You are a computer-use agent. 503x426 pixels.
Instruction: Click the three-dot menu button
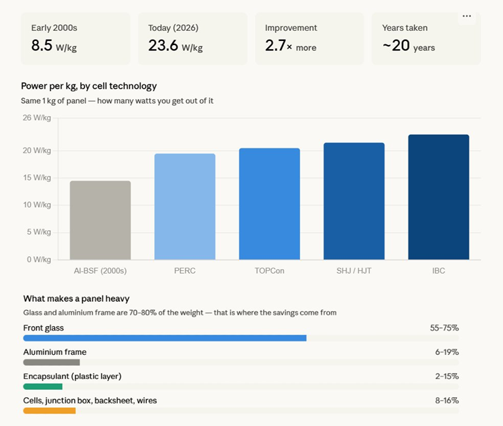[x=467, y=16]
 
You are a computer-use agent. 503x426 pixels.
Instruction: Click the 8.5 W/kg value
[x=53, y=46]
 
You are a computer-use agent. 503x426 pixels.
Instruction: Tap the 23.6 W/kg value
[x=175, y=46]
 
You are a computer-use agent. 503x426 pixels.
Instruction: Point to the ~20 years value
[x=409, y=46]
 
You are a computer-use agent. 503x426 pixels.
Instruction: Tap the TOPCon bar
[x=269, y=204]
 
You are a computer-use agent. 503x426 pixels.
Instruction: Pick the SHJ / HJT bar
[x=354, y=201]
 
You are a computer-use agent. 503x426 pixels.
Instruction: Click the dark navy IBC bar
[x=439, y=197]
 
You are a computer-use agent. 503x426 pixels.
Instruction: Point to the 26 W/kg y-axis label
[x=36, y=117]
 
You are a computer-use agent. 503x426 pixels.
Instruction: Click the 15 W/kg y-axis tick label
[x=36, y=178]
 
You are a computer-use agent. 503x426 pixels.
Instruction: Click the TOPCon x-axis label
[x=269, y=271]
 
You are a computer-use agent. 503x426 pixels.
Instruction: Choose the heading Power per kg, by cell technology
[x=89, y=86]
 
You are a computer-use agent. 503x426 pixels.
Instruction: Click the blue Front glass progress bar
[x=165, y=338]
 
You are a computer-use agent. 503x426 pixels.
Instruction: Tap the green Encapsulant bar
[x=43, y=386]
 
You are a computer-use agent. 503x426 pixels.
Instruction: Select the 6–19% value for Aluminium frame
[x=447, y=352]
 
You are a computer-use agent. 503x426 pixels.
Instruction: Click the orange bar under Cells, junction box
[x=50, y=411]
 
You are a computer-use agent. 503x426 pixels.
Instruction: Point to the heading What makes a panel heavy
[x=76, y=299]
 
